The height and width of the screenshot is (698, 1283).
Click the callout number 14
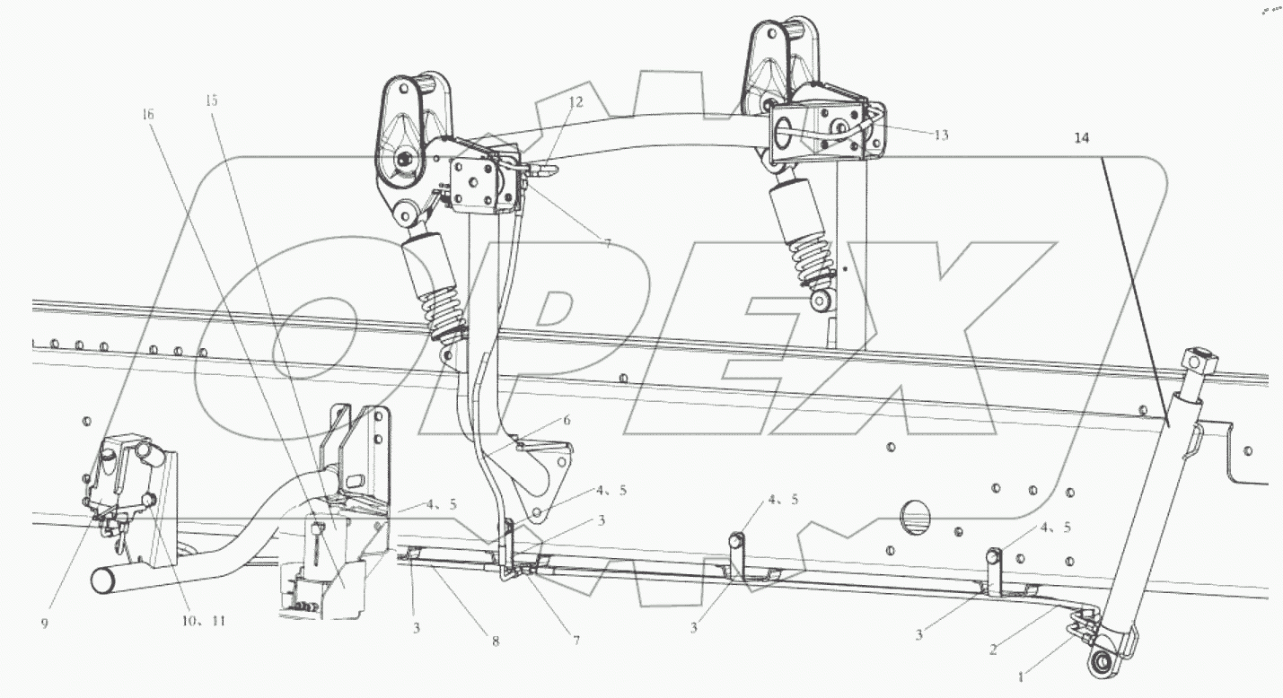(x=1081, y=138)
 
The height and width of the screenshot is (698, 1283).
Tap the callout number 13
(x=940, y=135)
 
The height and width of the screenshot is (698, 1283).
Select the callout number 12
(x=575, y=102)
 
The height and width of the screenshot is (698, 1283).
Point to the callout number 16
(x=148, y=114)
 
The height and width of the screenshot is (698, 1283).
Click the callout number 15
(x=211, y=100)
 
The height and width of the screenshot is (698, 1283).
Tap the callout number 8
(x=495, y=641)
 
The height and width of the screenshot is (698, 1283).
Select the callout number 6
(x=567, y=419)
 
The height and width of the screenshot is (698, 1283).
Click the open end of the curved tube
(x=102, y=580)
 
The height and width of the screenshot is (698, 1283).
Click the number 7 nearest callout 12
(x=607, y=243)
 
